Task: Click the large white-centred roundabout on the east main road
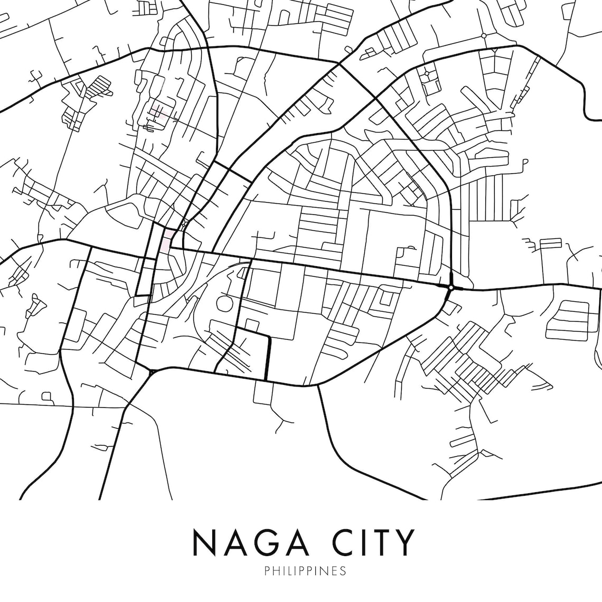click(x=451, y=287)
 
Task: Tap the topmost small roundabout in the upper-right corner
click(x=483, y=35)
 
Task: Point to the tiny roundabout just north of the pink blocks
click(x=183, y=225)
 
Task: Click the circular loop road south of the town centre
click(x=224, y=303)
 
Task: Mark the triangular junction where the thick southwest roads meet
click(x=152, y=372)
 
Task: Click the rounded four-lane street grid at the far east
click(x=568, y=319)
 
